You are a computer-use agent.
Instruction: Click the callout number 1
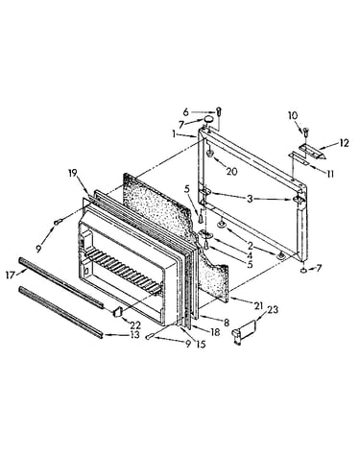[174, 134]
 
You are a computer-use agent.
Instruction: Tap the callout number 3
[250, 199]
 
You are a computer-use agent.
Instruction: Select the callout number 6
[186, 112]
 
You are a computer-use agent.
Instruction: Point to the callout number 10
[293, 115]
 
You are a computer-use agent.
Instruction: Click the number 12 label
[344, 143]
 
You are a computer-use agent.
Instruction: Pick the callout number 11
[329, 174]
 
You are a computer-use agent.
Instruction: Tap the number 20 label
[231, 172]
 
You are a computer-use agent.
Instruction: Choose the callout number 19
[73, 173]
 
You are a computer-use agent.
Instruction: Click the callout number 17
[11, 275]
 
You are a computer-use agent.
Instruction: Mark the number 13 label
[134, 335]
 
